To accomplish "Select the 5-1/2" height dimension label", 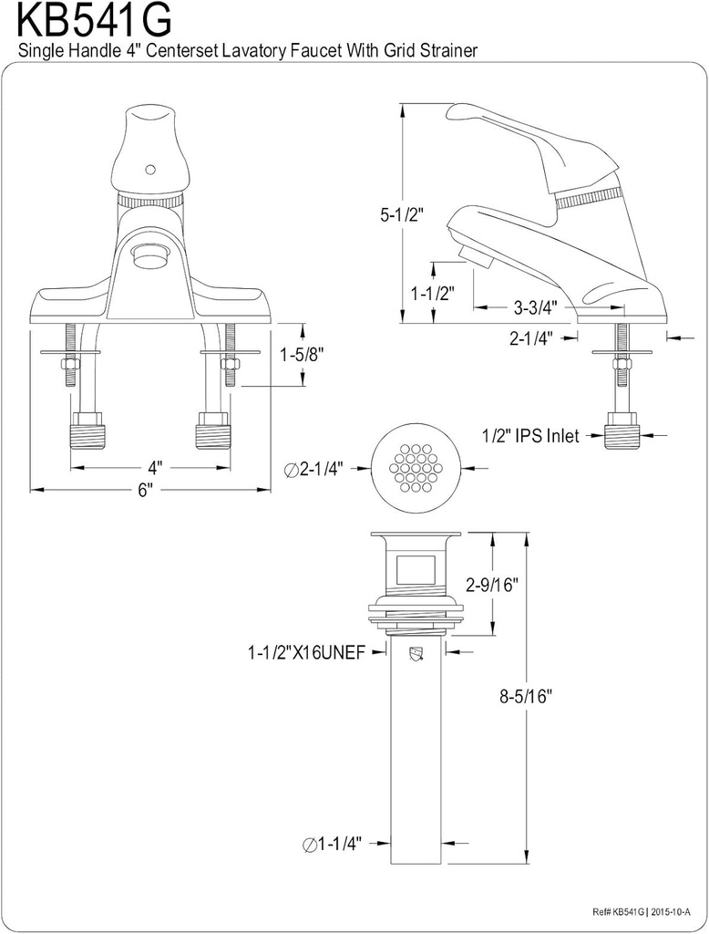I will (x=375, y=216).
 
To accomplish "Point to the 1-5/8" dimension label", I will (x=303, y=354).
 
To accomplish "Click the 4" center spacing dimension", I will (x=155, y=467).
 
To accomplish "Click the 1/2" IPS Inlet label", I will (x=529, y=436).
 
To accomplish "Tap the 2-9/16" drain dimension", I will (x=492, y=586).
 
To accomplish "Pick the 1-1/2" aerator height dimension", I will (x=433, y=293).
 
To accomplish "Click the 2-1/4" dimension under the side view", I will (x=531, y=338).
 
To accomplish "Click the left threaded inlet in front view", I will (x=87, y=431).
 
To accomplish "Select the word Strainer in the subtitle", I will (x=447, y=51).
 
